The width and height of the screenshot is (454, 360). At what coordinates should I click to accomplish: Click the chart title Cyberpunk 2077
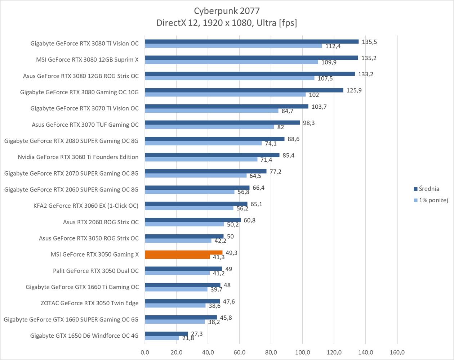click(x=227, y=11)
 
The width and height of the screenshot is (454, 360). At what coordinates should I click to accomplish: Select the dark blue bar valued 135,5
click(x=252, y=41)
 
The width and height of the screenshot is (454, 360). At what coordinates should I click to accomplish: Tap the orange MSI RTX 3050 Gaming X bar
click(x=184, y=253)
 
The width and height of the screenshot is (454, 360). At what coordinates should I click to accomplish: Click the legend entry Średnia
click(x=429, y=189)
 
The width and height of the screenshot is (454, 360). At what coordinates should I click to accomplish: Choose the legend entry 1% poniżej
click(x=433, y=200)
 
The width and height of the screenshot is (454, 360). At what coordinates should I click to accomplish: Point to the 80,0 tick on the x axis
click(x=271, y=352)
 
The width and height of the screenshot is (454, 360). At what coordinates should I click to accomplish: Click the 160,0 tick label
click(x=397, y=352)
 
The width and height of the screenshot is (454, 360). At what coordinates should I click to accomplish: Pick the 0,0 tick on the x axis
click(x=145, y=352)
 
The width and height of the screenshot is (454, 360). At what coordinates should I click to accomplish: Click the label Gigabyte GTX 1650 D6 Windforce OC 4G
click(x=84, y=336)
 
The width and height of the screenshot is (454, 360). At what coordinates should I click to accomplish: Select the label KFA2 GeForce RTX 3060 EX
click(x=86, y=206)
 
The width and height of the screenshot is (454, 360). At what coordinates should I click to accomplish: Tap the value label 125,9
click(x=354, y=90)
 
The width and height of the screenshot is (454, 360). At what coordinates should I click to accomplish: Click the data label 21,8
click(x=188, y=338)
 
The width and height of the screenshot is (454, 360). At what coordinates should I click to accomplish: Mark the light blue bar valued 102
click(x=225, y=95)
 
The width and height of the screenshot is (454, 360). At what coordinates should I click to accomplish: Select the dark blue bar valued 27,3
click(x=166, y=334)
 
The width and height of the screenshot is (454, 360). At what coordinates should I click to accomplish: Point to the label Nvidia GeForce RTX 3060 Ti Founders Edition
click(x=78, y=157)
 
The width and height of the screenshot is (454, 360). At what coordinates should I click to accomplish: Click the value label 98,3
click(x=308, y=123)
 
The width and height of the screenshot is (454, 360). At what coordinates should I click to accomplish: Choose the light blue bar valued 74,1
click(x=203, y=143)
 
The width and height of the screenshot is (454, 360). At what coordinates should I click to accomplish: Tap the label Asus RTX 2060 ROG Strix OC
click(x=101, y=222)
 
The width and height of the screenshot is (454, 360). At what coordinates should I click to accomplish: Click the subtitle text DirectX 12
click(x=177, y=23)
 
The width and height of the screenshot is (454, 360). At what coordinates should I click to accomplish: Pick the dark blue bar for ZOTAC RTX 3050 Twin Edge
click(x=182, y=301)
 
